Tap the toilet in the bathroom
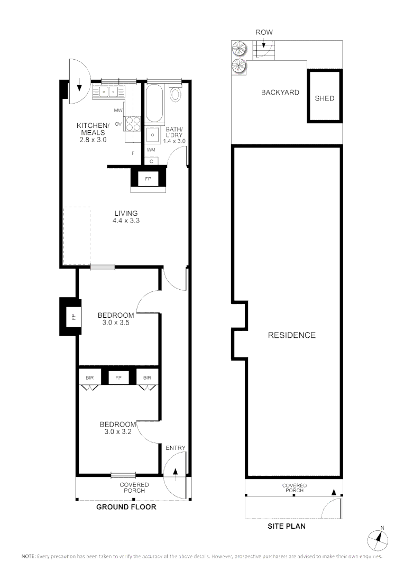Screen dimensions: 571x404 [x=176, y=95]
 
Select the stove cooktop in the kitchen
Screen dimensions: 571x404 [x=133, y=123]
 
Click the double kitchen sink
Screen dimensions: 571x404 [x=109, y=93]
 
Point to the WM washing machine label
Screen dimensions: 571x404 [x=151, y=150]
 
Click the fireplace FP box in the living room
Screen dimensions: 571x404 [x=148, y=179]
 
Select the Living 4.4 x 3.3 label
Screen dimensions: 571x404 [x=125, y=217]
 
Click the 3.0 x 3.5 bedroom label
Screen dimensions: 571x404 [x=116, y=319]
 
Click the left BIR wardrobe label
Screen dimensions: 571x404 [x=89, y=377]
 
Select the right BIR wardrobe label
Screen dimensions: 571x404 [x=147, y=377]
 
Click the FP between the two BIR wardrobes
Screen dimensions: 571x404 [x=118, y=377]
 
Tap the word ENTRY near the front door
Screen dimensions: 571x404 [x=176, y=448]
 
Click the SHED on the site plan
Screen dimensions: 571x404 [x=324, y=98]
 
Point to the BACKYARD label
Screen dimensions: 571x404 [x=280, y=93]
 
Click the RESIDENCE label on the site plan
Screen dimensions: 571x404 [x=291, y=335]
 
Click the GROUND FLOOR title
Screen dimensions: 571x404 [x=126, y=507]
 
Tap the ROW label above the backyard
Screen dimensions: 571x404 [x=264, y=33]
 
